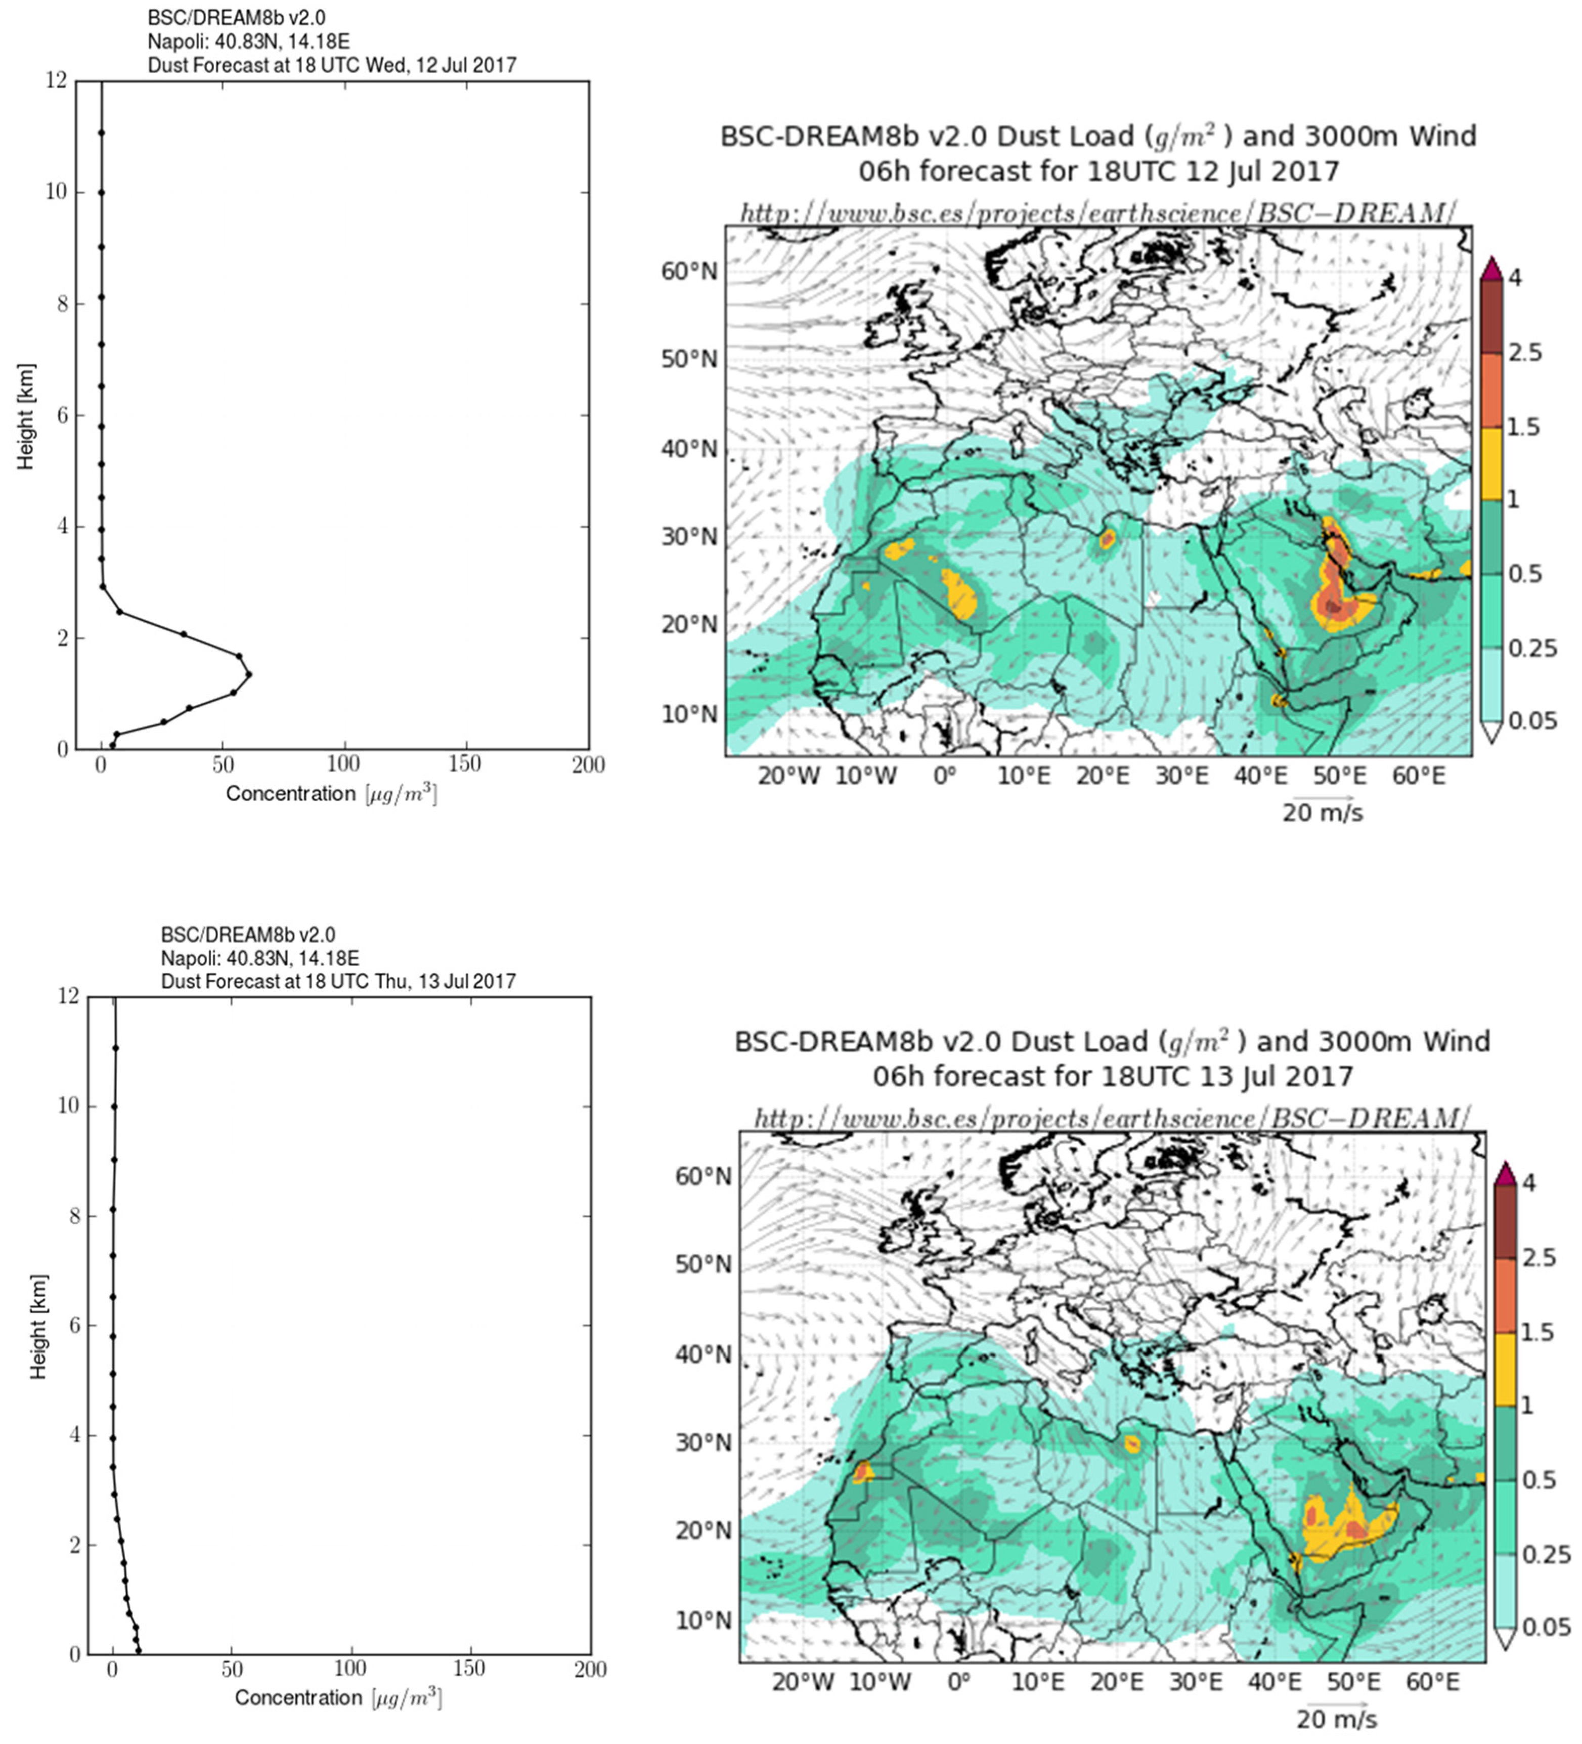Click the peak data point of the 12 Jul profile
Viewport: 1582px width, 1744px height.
click(249, 674)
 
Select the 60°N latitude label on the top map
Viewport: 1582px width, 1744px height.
click(689, 272)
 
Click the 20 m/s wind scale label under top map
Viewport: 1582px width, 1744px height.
click(1322, 813)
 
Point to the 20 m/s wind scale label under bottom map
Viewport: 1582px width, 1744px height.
click(1336, 1718)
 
